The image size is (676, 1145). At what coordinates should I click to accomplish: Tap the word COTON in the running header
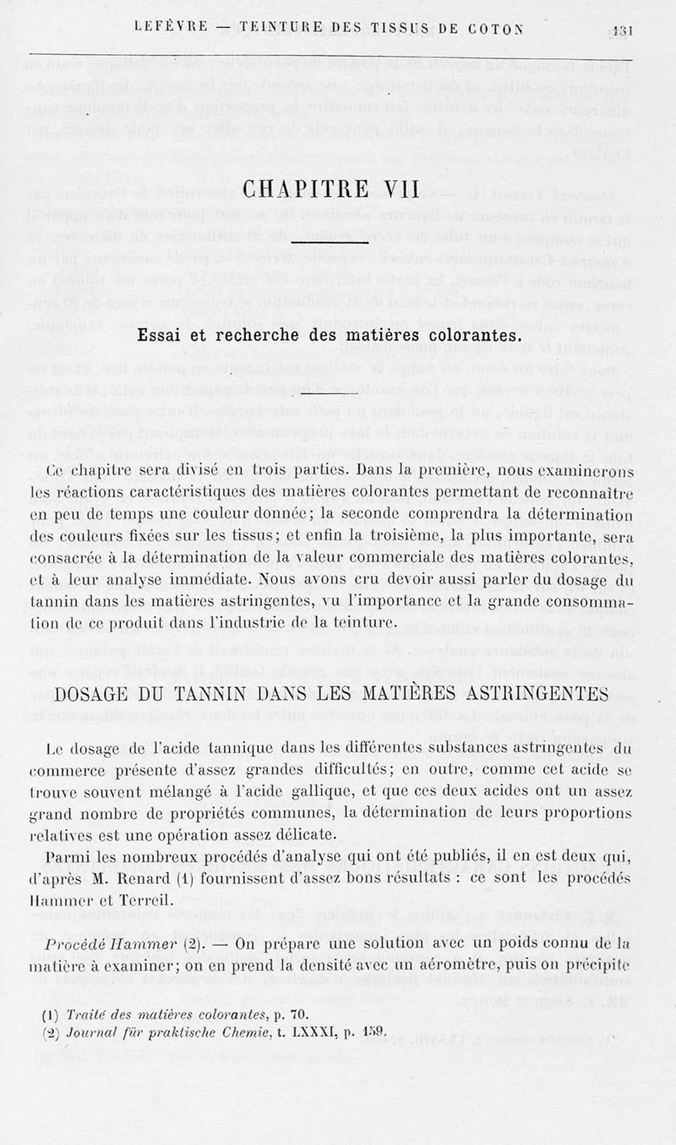click(x=494, y=28)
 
